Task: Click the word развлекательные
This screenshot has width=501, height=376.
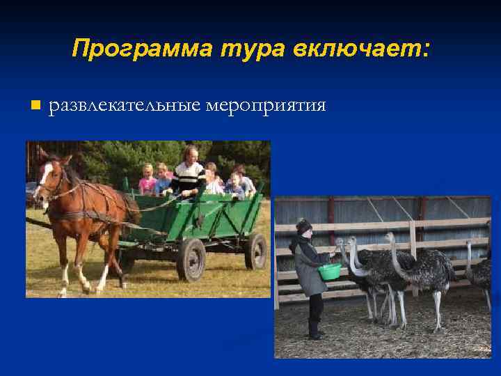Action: pyautogui.click(x=125, y=106)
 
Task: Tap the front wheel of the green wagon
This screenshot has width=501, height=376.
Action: pyautogui.click(x=191, y=259)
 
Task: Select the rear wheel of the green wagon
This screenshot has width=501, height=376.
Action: pyautogui.click(x=255, y=251)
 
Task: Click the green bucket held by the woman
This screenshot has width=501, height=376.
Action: pyautogui.click(x=329, y=271)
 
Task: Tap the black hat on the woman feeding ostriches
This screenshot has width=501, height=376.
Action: pyautogui.click(x=303, y=225)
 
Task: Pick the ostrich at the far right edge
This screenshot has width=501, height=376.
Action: pyautogui.click(x=479, y=272)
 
